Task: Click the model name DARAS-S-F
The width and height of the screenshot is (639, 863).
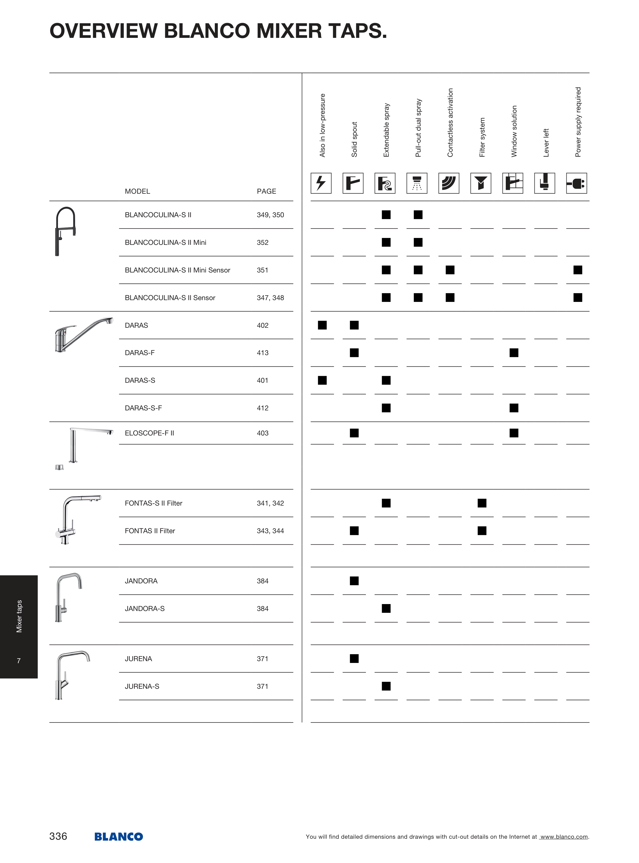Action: click(x=143, y=408)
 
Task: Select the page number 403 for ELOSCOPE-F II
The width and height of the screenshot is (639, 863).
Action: click(x=262, y=433)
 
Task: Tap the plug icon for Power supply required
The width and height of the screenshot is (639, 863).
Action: click(x=576, y=183)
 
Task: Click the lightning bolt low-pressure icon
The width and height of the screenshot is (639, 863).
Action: click(x=321, y=183)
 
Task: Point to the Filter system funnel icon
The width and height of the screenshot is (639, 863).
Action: click(x=481, y=183)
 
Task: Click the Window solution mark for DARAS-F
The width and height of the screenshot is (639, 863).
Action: click(x=514, y=353)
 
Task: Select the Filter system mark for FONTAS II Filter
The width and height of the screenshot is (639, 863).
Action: click(x=482, y=531)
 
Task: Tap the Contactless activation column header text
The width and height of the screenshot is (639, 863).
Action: click(x=450, y=123)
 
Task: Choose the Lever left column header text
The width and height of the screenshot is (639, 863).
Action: click(x=546, y=143)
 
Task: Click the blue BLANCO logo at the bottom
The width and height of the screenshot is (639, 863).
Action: click(x=119, y=836)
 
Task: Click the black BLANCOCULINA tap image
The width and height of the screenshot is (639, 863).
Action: click(x=65, y=232)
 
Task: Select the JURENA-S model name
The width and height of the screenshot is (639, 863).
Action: click(x=142, y=686)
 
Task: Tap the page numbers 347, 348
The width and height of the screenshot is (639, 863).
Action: click(x=270, y=298)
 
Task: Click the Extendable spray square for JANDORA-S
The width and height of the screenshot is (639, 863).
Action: click(x=386, y=608)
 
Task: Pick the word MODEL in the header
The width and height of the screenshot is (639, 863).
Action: click(x=137, y=191)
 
